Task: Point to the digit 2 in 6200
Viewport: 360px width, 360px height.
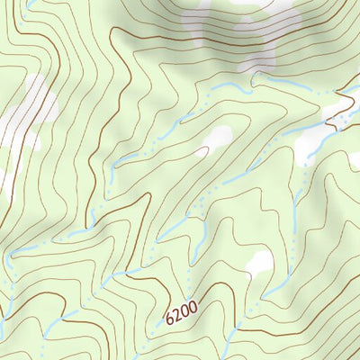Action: [x=176, y=315]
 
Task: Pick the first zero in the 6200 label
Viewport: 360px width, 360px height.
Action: [x=184, y=311]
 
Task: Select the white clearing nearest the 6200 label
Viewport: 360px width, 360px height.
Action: [x=260, y=263]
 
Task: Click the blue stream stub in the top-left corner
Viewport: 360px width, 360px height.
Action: [x=31, y=4]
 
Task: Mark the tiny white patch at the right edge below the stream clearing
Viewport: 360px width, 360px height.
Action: [x=355, y=160]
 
